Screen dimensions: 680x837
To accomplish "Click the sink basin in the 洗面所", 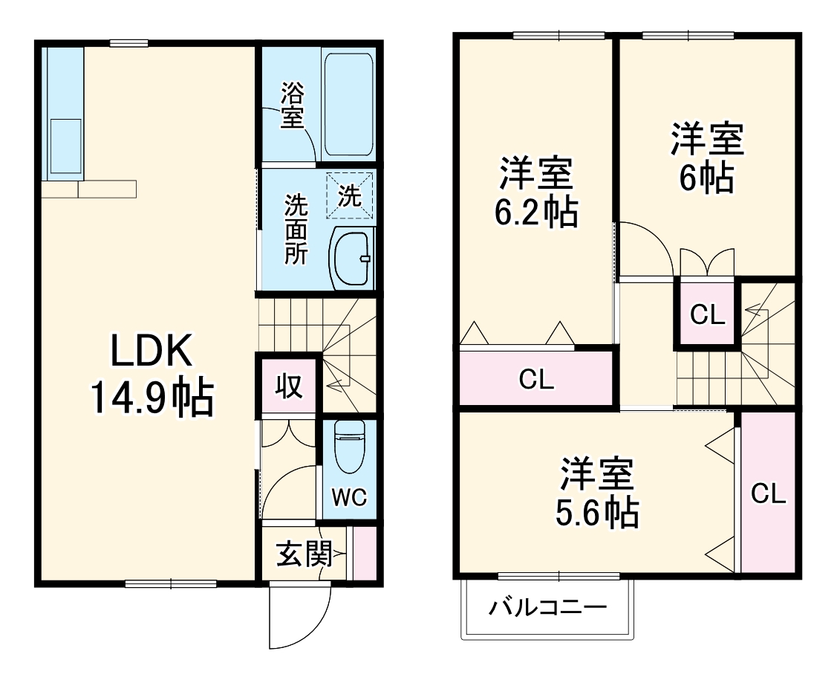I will (351, 257).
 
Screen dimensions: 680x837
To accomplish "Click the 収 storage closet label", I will (289, 386).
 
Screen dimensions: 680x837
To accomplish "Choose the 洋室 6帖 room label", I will (706, 158).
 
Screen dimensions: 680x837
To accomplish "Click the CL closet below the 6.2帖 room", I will (536, 380).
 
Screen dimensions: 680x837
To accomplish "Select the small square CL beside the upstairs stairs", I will (707, 315).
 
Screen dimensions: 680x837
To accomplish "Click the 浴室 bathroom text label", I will (292, 104).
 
